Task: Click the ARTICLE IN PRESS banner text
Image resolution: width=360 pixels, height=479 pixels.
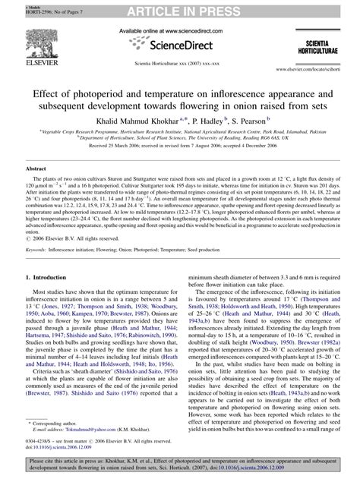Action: pyautogui.click(x=179, y=8)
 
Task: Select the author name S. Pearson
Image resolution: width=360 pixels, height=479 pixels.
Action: pyautogui.click(x=255, y=120)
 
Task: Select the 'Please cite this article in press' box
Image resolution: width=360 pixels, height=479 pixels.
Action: pyautogui.click(x=179, y=465)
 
